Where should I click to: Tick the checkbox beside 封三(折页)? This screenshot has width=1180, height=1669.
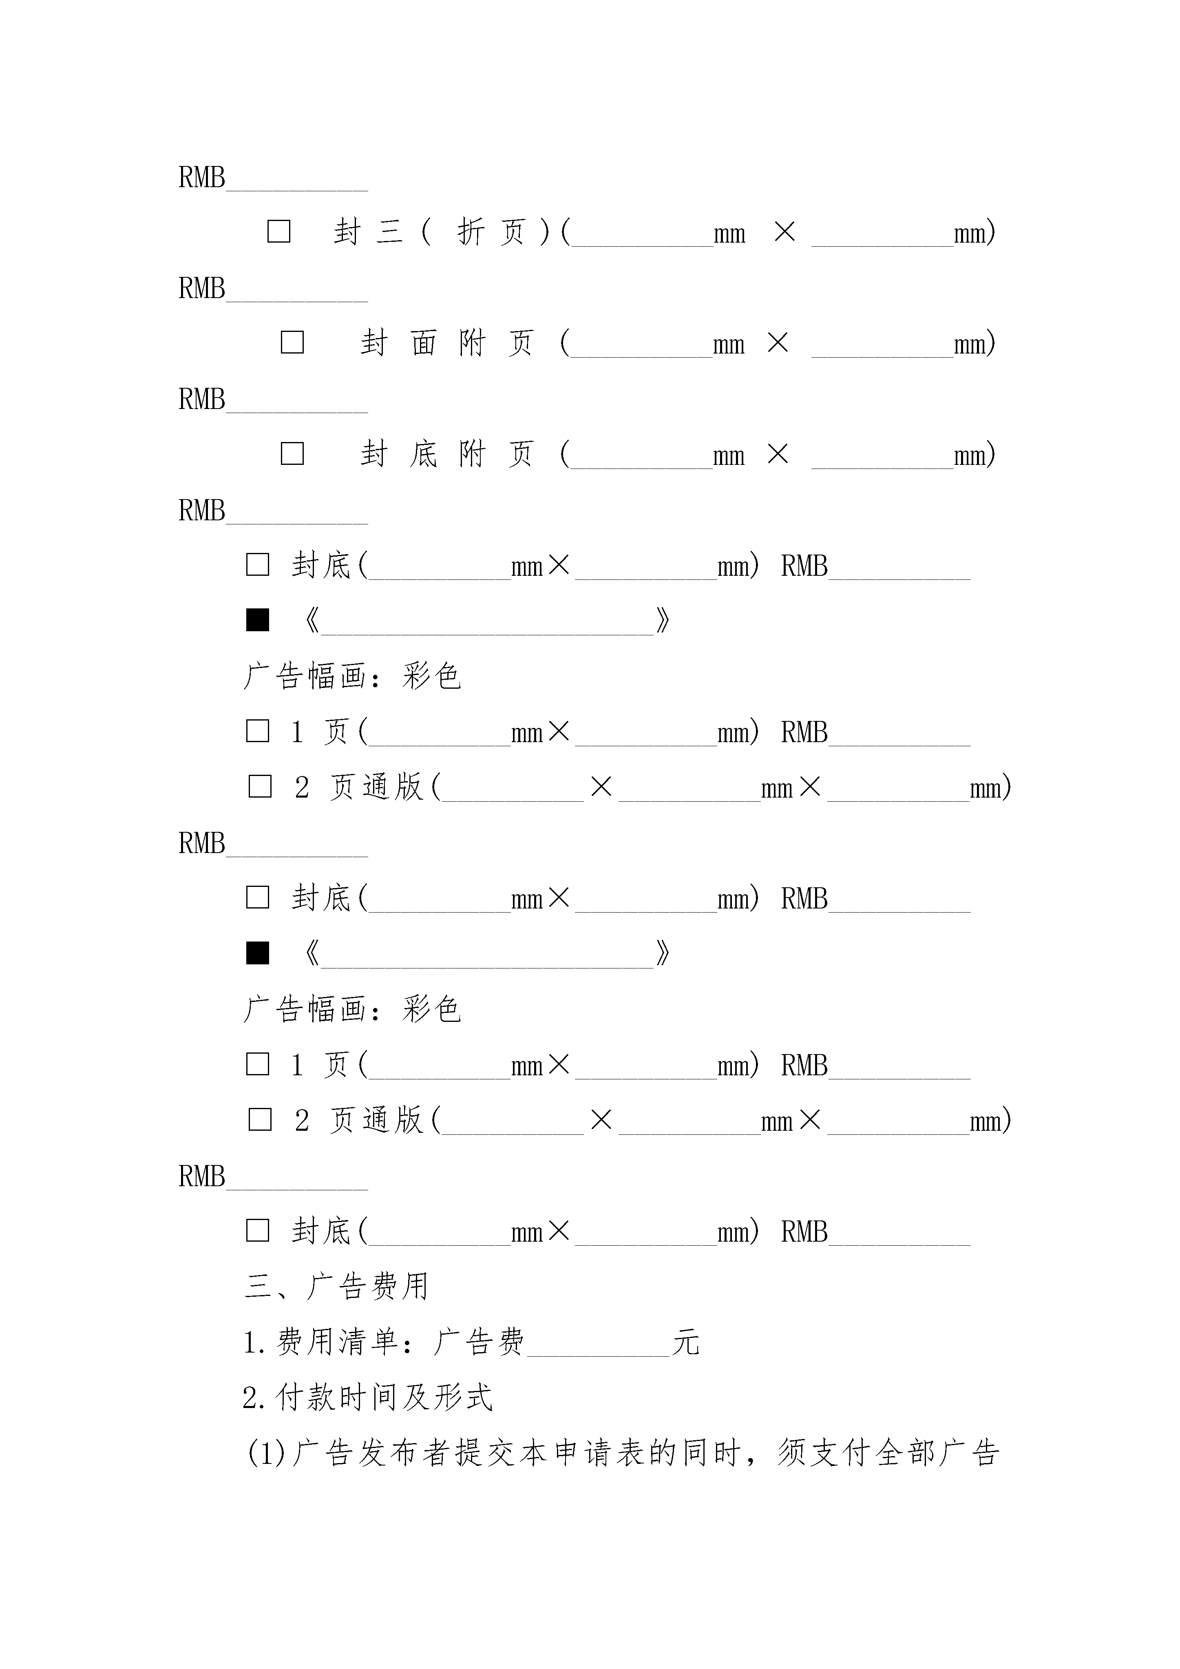[279, 232]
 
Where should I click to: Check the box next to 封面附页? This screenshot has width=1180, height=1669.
[292, 343]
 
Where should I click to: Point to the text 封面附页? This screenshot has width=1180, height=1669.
[447, 343]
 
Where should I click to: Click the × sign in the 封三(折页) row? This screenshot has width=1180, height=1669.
[784, 232]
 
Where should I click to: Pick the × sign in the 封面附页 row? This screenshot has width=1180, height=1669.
[778, 343]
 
